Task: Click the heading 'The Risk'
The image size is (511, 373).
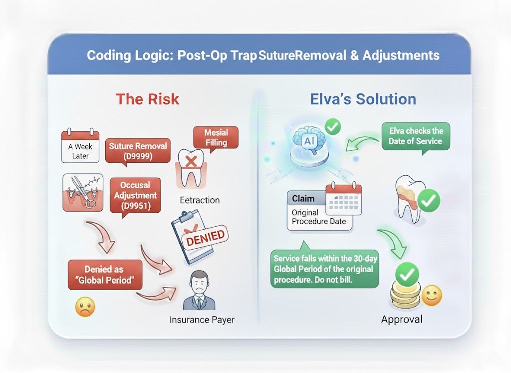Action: tap(147, 99)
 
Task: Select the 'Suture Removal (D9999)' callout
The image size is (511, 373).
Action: tap(138, 151)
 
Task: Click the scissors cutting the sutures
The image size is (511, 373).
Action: tap(81, 192)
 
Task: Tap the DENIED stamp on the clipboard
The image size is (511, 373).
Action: tap(204, 236)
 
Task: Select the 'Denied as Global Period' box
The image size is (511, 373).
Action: tap(105, 275)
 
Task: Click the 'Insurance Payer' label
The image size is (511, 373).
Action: tap(202, 320)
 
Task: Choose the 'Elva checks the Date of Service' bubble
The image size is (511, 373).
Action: tap(416, 136)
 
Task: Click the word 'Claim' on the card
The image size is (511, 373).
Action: tap(303, 198)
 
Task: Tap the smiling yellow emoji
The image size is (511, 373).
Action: tap(431, 296)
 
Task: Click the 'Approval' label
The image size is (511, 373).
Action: tap(402, 320)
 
